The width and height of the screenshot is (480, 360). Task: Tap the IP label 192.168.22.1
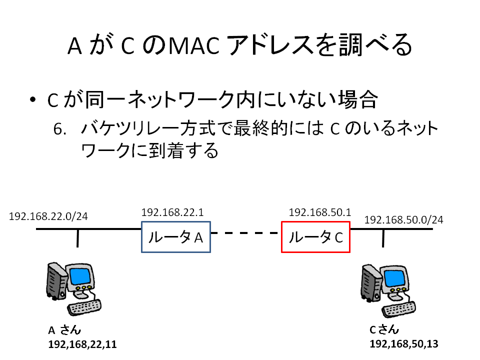172,212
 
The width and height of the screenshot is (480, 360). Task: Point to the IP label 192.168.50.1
320,212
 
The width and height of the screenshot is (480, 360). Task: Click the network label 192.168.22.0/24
48,216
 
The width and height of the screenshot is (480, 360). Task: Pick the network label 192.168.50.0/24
404,220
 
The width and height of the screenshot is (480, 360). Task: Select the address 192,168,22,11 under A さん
82,344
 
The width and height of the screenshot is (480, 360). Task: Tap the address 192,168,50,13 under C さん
404,344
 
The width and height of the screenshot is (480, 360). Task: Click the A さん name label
64,330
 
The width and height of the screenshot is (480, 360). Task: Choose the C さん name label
384,329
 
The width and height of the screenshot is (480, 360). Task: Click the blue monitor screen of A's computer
80,276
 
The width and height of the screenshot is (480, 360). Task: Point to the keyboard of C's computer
398,309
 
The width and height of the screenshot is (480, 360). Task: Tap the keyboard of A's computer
84,307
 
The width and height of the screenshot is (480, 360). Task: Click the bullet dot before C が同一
33,99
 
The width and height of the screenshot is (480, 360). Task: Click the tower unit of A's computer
57,280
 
